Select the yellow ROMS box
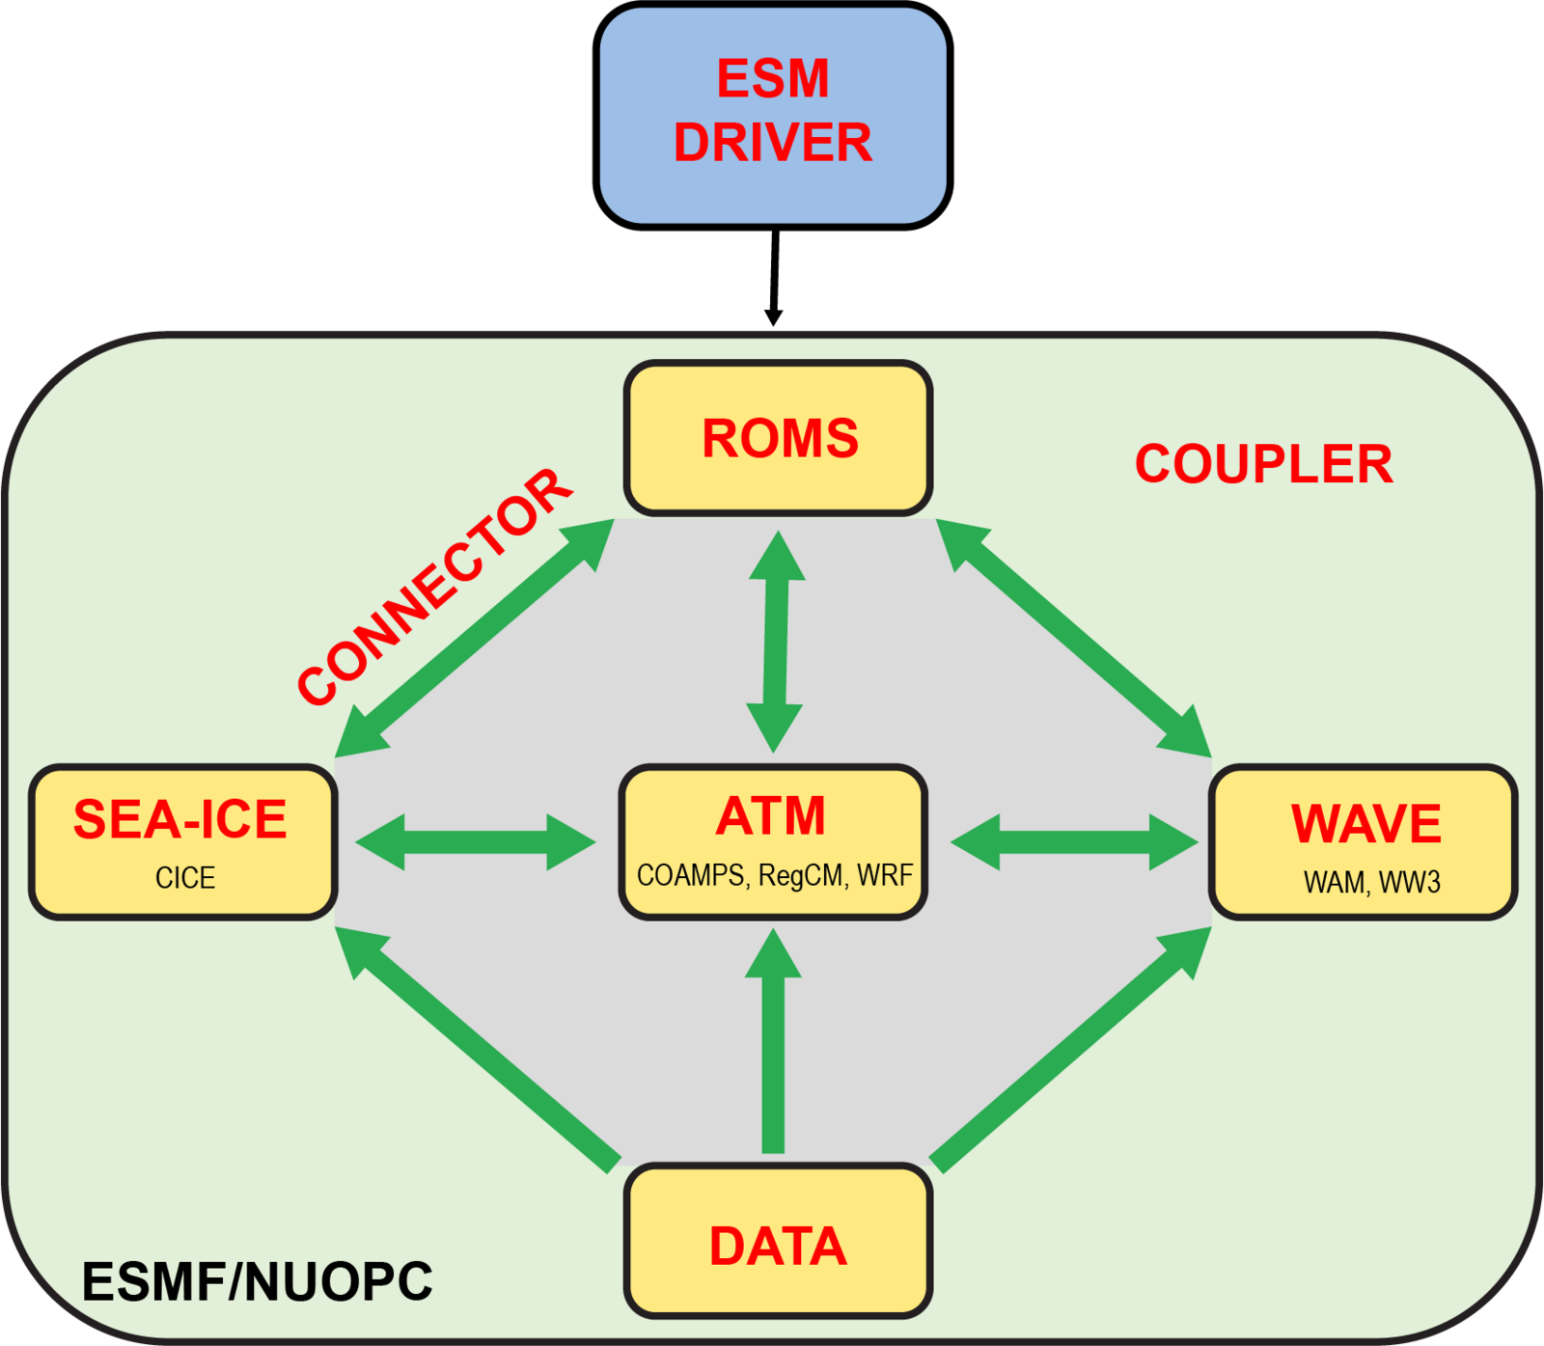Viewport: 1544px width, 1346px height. [778, 439]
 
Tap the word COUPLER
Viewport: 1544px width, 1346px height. [1263, 464]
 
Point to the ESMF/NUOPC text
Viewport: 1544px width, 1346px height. [257, 1281]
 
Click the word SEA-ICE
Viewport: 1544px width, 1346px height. [180, 820]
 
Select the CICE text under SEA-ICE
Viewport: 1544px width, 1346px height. [185, 878]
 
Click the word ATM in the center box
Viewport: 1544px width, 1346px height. [771, 816]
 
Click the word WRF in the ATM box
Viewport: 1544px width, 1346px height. [884, 875]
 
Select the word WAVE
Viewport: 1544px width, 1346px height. [1365, 824]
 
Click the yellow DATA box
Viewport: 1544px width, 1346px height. [778, 1245]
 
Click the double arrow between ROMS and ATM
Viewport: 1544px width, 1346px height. [776, 642]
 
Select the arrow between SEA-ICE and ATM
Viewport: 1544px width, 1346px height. [475, 842]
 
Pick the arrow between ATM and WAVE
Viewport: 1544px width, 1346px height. [1073, 842]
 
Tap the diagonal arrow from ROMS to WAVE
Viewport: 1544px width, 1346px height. [1073, 638]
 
